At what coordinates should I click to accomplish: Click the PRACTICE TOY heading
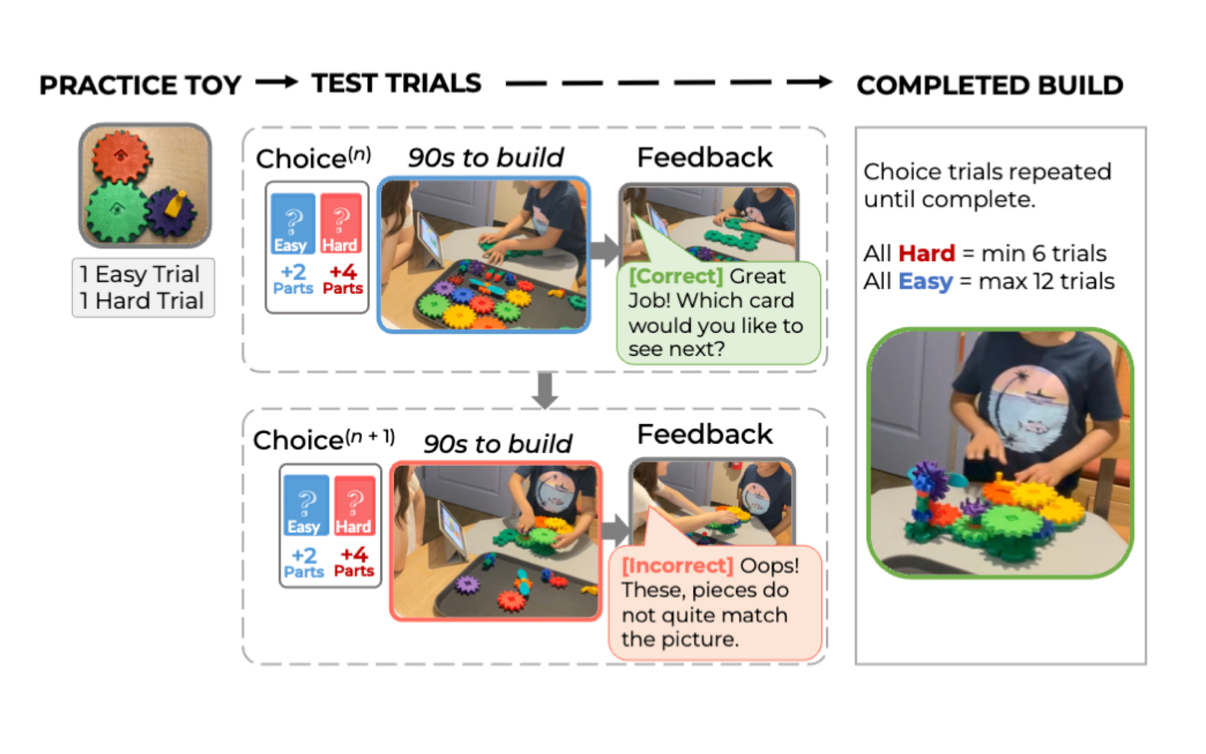click(140, 85)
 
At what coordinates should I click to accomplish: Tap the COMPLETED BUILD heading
click(990, 85)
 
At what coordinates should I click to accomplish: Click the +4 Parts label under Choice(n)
click(343, 279)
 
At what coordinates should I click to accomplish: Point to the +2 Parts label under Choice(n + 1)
click(304, 562)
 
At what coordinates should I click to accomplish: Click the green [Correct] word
click(676, 276)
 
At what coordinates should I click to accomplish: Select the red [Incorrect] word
click(678, 566)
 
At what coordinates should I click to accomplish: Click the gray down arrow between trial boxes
click(545, 391)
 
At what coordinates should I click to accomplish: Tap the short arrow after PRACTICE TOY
click(276, 82)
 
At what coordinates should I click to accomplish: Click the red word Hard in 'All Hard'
click(927, 253)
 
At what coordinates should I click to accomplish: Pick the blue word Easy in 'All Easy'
click(925, 282)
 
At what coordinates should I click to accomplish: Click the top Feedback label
click(705, 157)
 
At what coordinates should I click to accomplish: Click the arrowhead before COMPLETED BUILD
click(824, 82)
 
